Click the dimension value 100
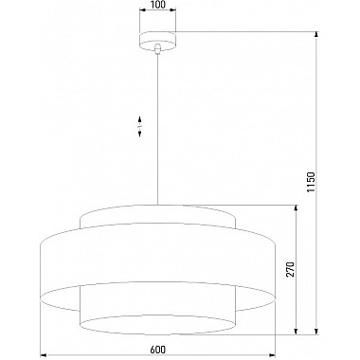coord(157,5)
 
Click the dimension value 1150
coord(311,183)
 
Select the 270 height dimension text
coord(291,269)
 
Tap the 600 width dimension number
coord(157,350)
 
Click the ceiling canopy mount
coord(157,41)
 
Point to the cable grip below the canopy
coord(157,49)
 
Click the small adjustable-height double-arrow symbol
coord(139,126)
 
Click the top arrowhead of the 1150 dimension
coord(316,35)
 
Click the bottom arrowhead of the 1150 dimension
coord(316,331)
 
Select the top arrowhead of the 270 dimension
coord(296,208)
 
